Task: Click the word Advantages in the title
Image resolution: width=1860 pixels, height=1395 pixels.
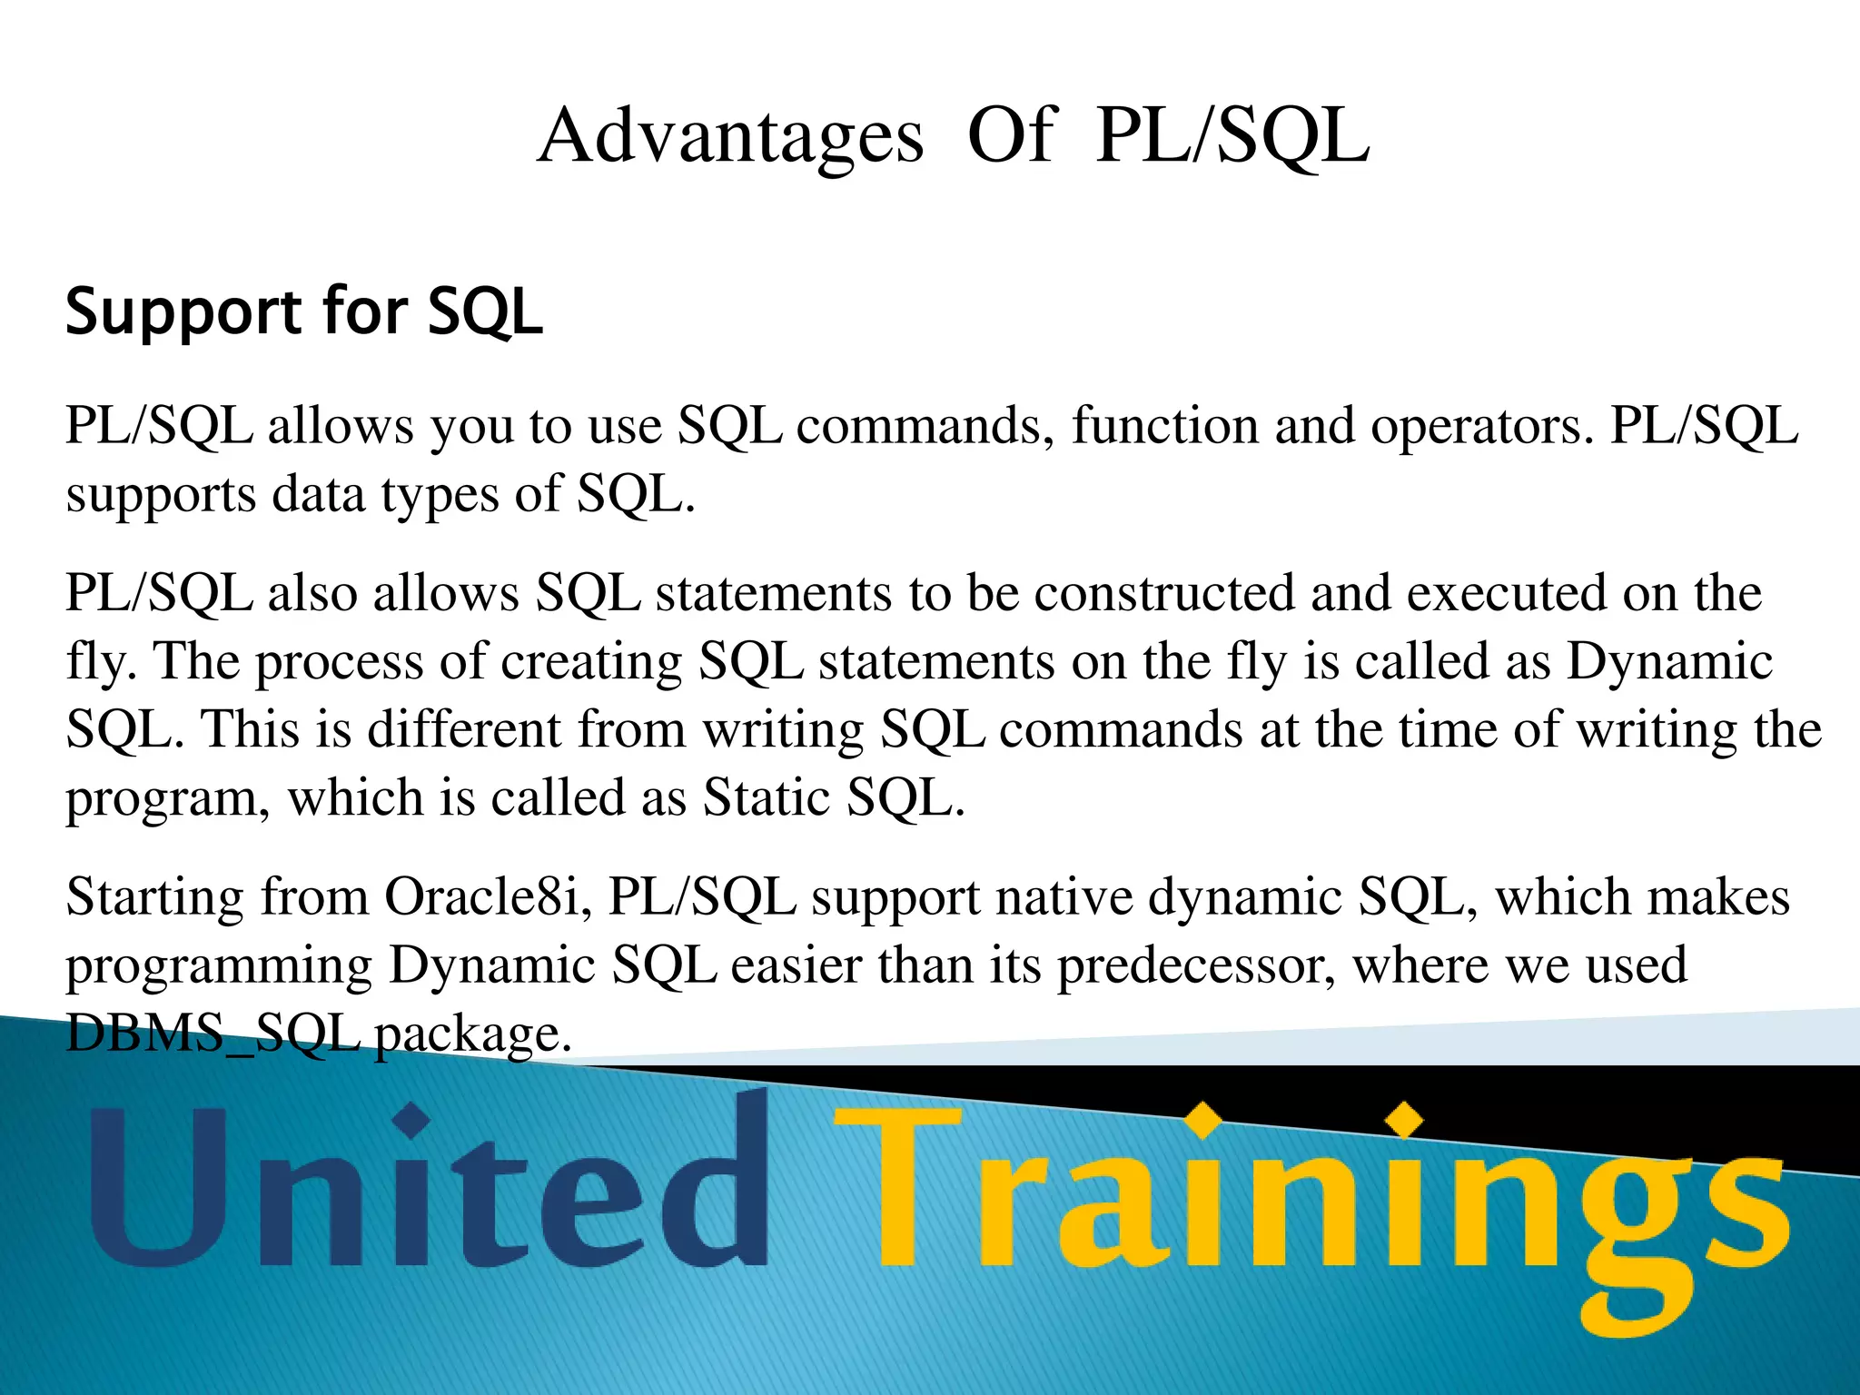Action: pyautogui.click(x=731, y=136)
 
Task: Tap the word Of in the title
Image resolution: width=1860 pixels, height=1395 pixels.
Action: pyautogui.click(x=1011, y=136)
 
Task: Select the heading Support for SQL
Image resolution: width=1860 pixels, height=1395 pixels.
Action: pyautogui.click(x=304, y=312)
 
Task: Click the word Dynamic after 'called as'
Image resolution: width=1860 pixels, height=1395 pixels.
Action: pyautogui.click(x=1669, y=661)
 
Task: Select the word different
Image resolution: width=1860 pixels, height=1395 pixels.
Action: pyautogui.click(x=464, y=729)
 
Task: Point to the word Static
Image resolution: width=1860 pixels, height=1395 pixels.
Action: pyautogui.click(x=768, y=797)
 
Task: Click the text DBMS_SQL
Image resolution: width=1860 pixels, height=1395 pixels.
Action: pyautogui.click(x=213, y=1034)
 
